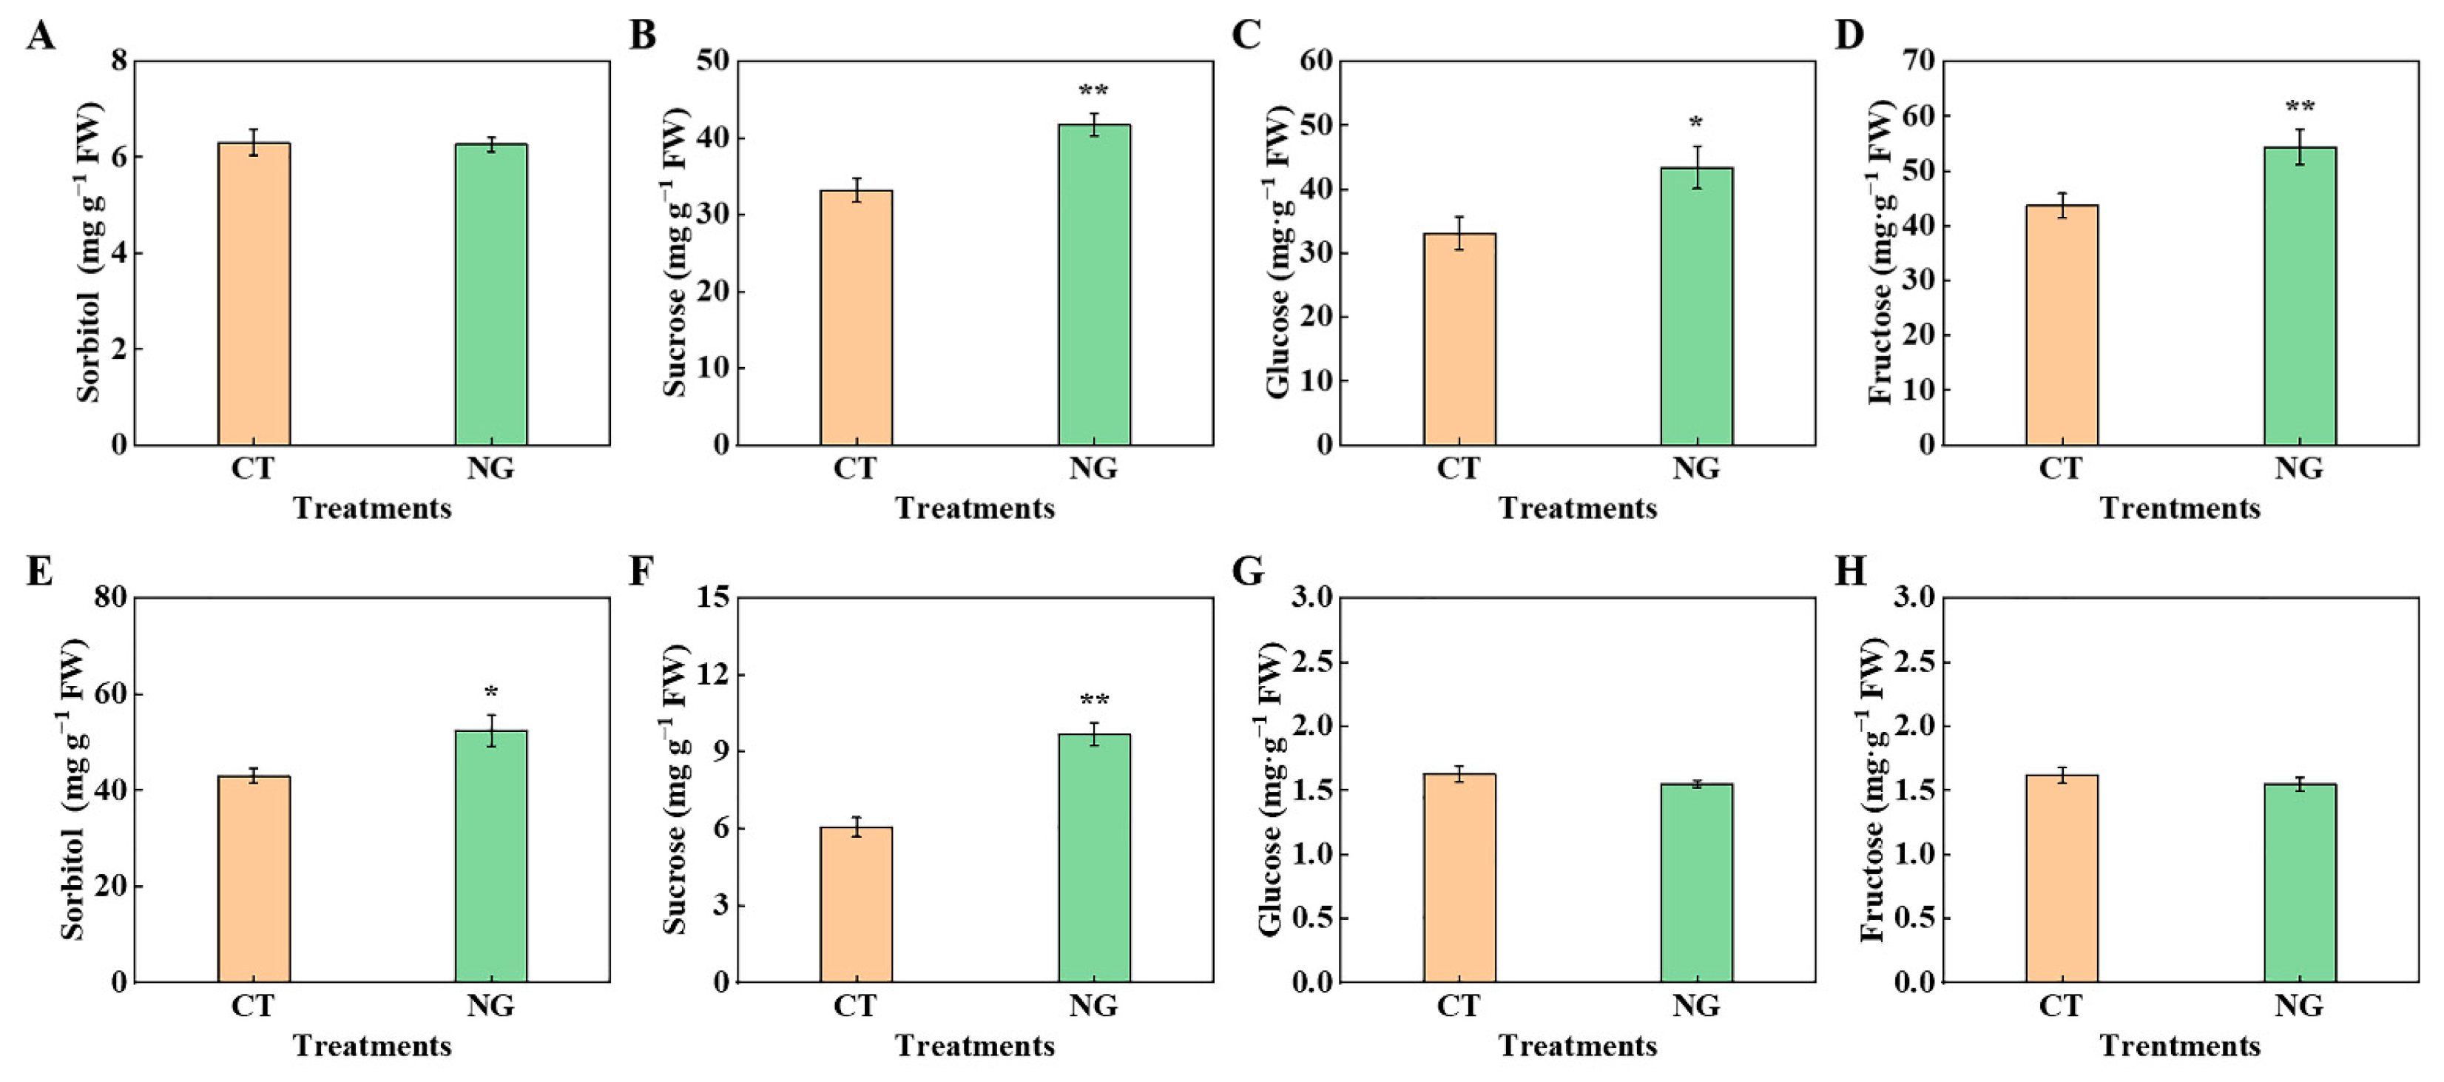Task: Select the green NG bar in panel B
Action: pos(1094,285)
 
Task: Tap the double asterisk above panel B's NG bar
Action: pos(1094,92)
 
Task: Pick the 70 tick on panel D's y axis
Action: pos(1914,61)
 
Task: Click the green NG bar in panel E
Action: pos(490,854)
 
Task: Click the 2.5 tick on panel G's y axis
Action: pos(1310,662)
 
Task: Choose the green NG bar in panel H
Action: pos(2300,883)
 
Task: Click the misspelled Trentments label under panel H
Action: pos(2179,1046)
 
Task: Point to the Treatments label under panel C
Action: pos(1578,508)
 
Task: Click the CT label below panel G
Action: pos(1458,1005)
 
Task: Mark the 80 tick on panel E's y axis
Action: pos(110,598)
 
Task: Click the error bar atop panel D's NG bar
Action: pos(2300,146)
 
